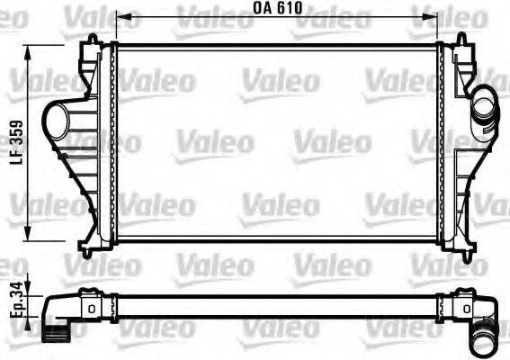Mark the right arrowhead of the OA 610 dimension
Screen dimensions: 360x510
tap(436, 16)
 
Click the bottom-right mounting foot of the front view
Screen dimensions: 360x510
tap(465, 249)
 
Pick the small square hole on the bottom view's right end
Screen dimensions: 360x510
tap(458, 308)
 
